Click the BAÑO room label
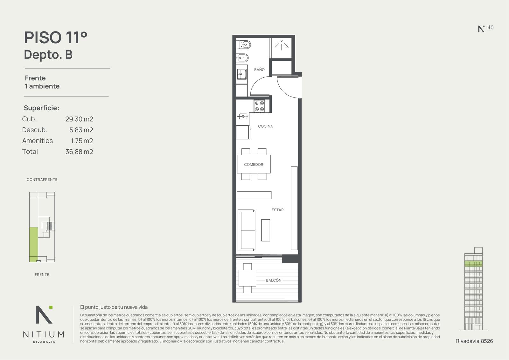259,70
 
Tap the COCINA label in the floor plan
265,126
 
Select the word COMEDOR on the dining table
254,165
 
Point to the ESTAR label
278,210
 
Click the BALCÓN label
274,280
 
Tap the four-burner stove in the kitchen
259,106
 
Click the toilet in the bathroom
243,45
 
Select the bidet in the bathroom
242,58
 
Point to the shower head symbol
282,45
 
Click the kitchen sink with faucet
242,116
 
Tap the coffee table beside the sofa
265,230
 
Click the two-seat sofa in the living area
246,230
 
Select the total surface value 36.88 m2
79,152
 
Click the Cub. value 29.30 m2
79,119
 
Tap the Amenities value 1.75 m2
82,141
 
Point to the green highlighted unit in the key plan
33,244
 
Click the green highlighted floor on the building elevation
473,264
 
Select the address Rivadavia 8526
474,341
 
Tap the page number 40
490,27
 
